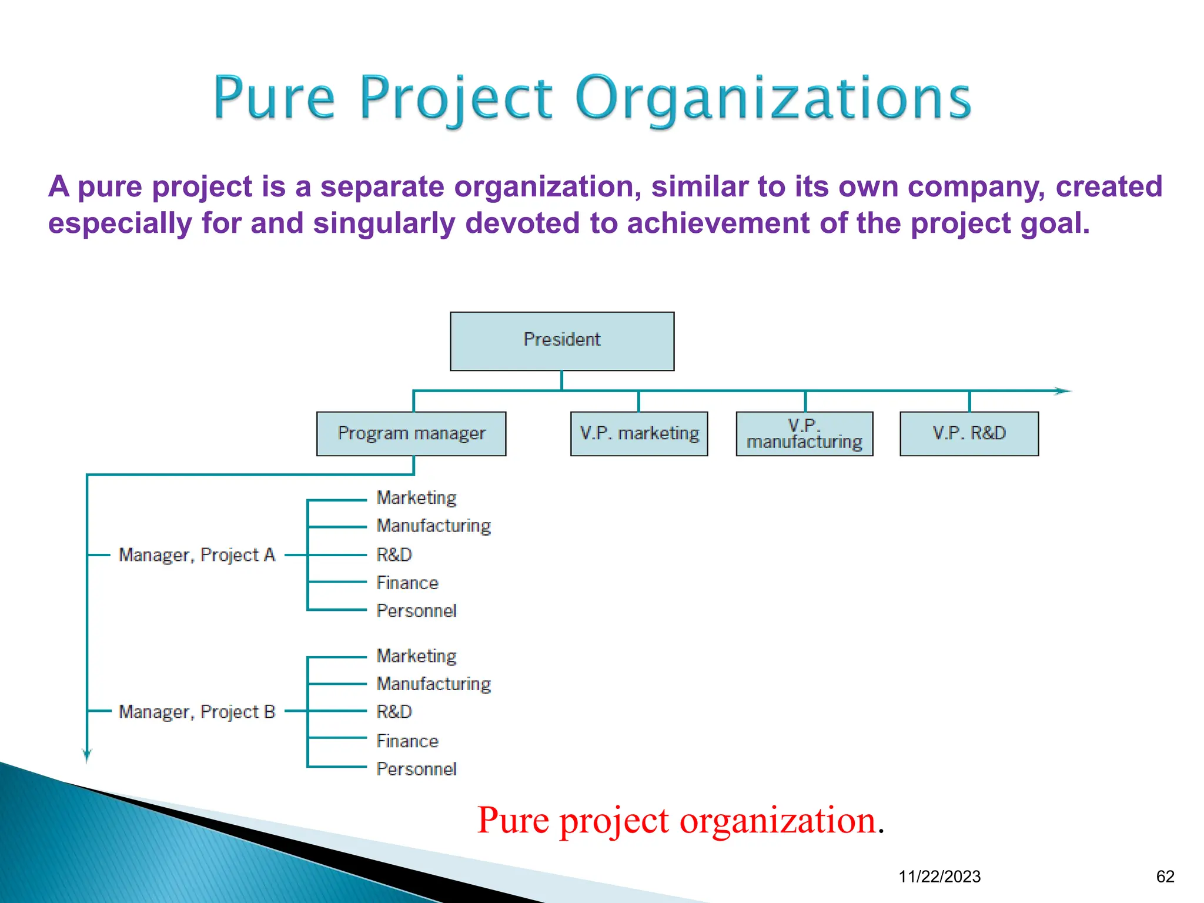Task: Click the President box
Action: [562, 341]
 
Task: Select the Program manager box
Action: [411, 434]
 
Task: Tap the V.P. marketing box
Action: [639, 434]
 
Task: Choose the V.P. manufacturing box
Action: [804, 434]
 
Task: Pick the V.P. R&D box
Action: [969, 434]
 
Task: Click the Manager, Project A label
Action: [197, 555]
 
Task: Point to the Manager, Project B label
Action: [197, 712]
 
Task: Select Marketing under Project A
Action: [416, 498]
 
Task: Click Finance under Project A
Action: [407, 583]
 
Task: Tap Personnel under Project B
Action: [416, 769]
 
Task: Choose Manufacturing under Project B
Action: [434, 684]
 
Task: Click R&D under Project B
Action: [394, 712]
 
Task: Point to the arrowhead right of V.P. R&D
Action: [1063, 391]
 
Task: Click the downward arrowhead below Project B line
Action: [87, 755]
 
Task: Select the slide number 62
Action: [1165, 877]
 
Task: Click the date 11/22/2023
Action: [939, 877]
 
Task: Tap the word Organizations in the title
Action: [773, 99]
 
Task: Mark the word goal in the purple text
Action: [1059, 223]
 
